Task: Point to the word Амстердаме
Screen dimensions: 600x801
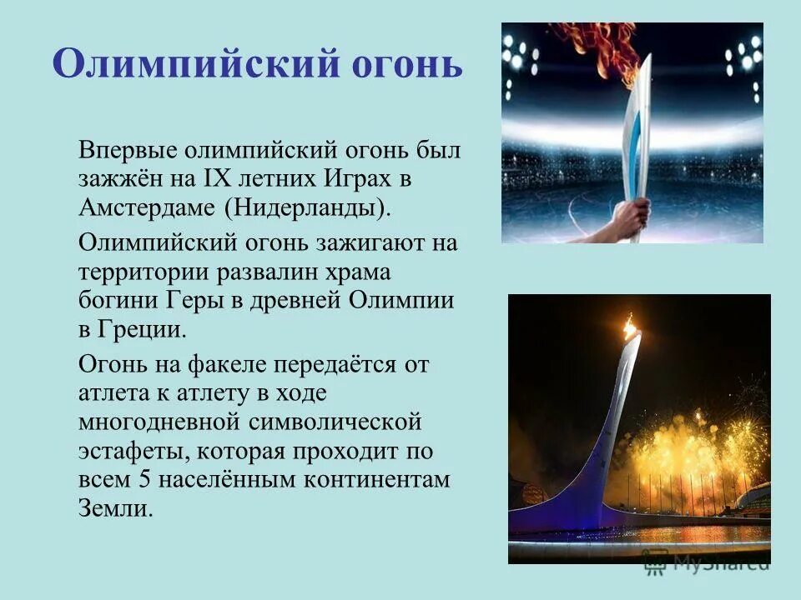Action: pos(155,206)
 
